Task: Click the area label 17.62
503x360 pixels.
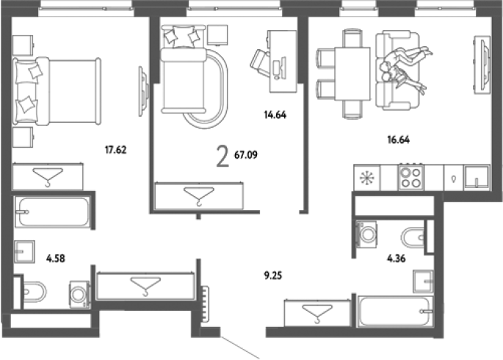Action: pos(115,150)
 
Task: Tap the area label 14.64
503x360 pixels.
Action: pos(275,115)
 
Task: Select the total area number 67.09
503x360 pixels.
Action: pos(246,155)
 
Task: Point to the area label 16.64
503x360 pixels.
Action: pos(398,140)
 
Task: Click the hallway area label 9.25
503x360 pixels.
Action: pos(273,276)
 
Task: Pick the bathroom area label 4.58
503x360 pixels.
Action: pos(56,259)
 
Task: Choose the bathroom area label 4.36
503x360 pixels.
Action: pos(397,259)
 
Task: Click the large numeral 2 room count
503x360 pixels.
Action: pos(222,156)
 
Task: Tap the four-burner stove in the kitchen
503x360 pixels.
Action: pos(411,178)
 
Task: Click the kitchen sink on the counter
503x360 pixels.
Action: pos(477,178)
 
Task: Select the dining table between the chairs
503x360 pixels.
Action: pos(352,73)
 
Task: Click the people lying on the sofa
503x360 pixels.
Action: pos(405,69)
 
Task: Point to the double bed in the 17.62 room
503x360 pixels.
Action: pos(57,91)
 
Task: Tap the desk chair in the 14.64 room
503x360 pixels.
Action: pos(260,63)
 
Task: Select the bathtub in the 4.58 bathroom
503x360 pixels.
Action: pos(52,212)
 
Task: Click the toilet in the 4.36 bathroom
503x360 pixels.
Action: pos(413,238)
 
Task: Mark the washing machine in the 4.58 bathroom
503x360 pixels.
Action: pos(79,295)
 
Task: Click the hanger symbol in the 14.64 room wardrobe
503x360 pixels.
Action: pos(198,196)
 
